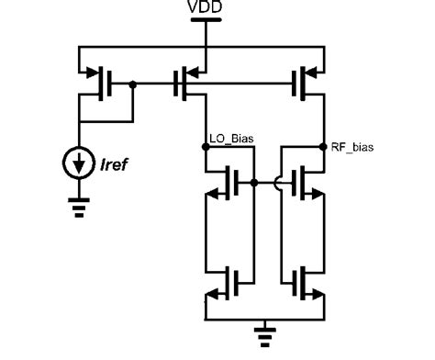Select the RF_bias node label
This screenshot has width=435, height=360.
pyautogui.click(x=352, y=145)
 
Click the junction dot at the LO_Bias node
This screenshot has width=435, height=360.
pyautogui.click(x=206, y=146)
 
